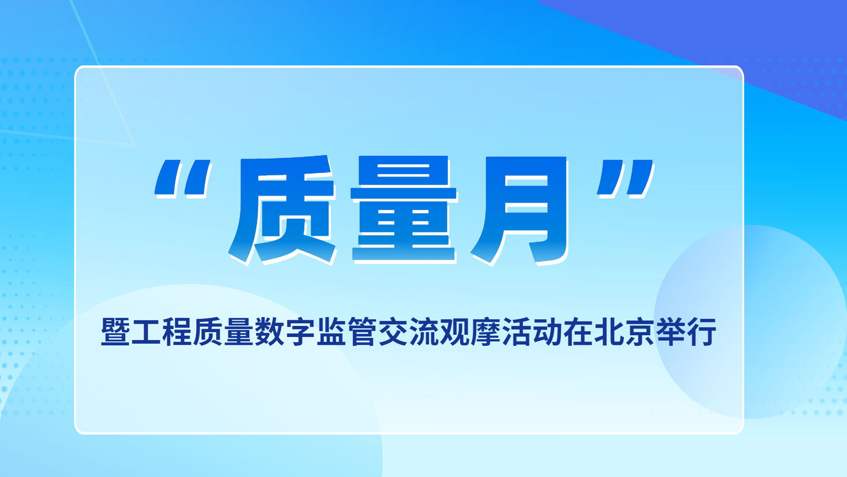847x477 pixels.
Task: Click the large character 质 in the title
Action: [282, 209]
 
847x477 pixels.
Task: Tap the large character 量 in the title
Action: [404, 209]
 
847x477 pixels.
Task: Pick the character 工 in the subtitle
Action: [147, 331]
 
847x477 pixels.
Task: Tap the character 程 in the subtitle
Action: [178, 331]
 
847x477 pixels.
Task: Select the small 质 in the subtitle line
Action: [209, 331]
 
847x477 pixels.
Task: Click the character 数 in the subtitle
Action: [270, 331]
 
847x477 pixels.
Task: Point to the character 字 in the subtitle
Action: [301, 331]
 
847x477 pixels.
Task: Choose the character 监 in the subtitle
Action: [332, 331]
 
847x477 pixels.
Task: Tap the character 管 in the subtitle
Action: [363, 331]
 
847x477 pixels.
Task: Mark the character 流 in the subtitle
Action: [424, 331]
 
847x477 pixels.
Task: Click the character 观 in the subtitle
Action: [455, 331]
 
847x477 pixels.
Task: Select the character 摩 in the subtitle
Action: [486, 331]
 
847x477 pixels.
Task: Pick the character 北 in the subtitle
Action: [609, 331]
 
